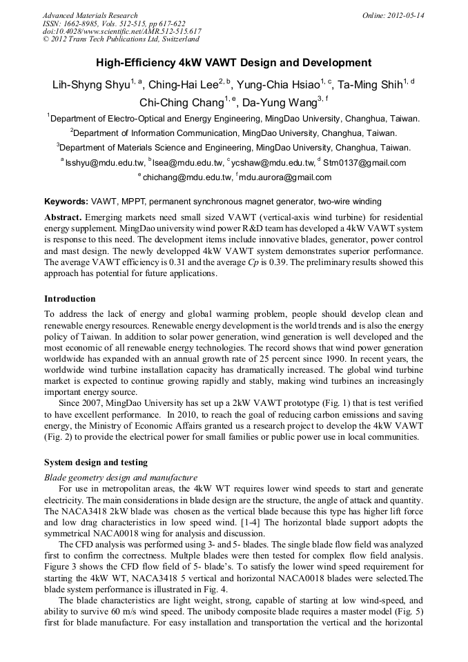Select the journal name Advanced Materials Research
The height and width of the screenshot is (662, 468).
tap(90, 15)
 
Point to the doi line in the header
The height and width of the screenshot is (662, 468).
tap(121, 32)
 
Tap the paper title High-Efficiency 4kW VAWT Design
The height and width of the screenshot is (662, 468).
tap(233, 63)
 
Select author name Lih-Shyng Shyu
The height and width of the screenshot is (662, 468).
tap(90, 86)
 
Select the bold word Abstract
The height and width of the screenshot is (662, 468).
tap(63, 217)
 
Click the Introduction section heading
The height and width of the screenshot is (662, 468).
tap(70, 299)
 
